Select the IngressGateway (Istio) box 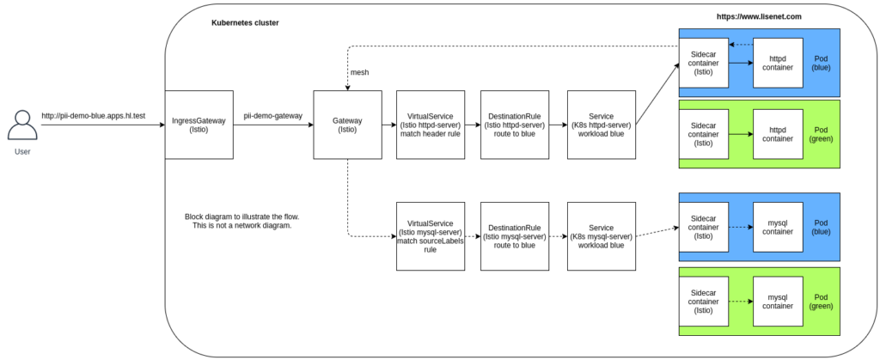click(199, 125)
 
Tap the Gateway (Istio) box click(347, 125)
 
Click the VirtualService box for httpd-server click(430, 125)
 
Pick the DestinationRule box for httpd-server click(515, 125)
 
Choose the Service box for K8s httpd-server click(601, 125)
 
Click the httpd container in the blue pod click(778, 63)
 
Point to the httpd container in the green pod click(778, 133)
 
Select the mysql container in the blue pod click(778, 227)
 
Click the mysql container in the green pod click(778, 301)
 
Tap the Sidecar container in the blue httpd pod click(704, 63)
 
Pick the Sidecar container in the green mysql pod click(704, 301)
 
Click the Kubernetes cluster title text click(245, 22)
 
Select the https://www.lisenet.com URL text click(761, 17)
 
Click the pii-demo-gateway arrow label click(273, 114)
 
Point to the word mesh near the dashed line click(359, 73)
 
